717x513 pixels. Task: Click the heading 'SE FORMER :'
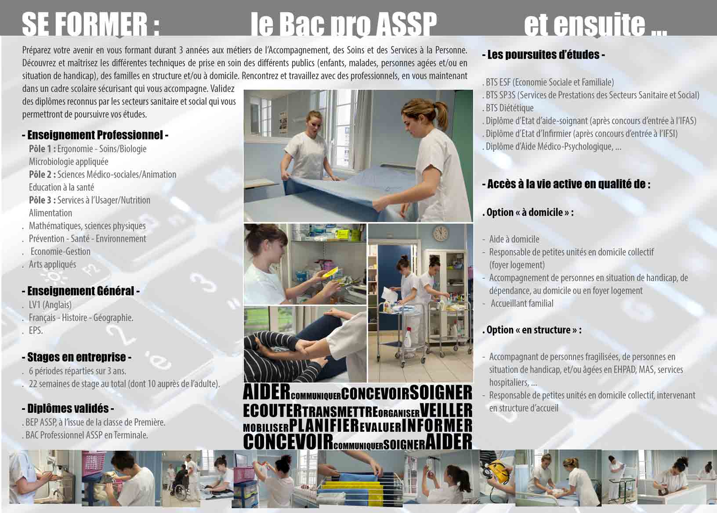tap(91, 25)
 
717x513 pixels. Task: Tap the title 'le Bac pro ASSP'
tap(344, 25)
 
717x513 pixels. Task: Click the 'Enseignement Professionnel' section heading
tap(95, 135)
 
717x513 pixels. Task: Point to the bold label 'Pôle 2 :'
tap(42, 175)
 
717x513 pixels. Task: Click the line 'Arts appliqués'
tap(52, 265)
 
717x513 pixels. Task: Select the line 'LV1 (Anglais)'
tap(50, 305)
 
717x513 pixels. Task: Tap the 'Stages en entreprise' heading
tap(76, 357)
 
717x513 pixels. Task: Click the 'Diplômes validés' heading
tap(68, 409)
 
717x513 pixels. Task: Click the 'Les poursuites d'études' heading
tap(543, 55)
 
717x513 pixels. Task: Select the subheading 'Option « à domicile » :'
tap(528, 212)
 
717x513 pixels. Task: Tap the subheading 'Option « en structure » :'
tap(532, 330)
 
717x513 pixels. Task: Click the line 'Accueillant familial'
tap(522, 304)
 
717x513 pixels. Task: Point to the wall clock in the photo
tap(441, 233)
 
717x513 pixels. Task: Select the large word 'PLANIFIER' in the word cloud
tap(324, 426)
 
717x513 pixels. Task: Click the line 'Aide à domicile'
tap(514, 239)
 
